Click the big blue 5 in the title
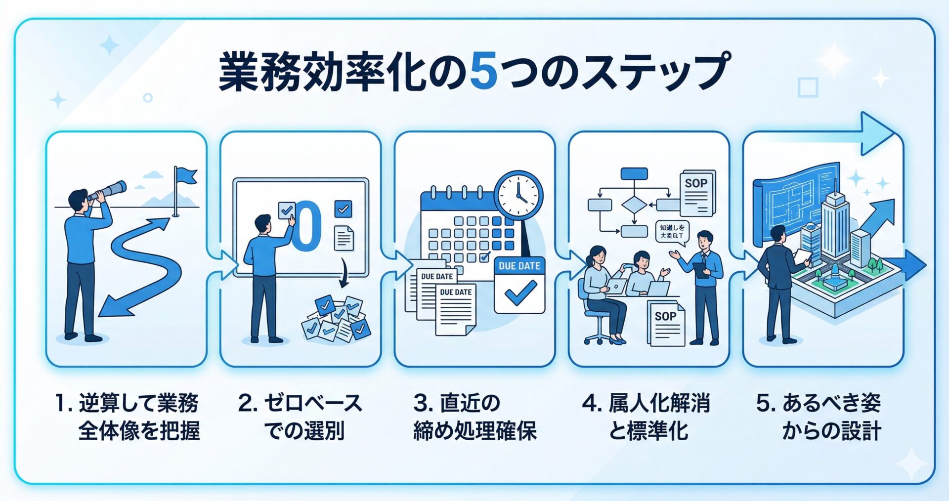tap(483, 72)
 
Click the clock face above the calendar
tap(518, 194)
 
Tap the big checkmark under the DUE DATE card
tap(519, 293)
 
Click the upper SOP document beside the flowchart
tap(697, 193)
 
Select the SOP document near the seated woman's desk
tap(666, 323)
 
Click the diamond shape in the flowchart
tap(634, 205)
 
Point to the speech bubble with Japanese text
tap(673, 232)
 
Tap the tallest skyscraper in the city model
tap(835, 222)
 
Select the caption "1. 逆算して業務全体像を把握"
tap(128, 417)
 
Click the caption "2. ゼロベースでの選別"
tap(301, 417)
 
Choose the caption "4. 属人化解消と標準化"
tap(647, 417)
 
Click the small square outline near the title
tap(808, 87)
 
